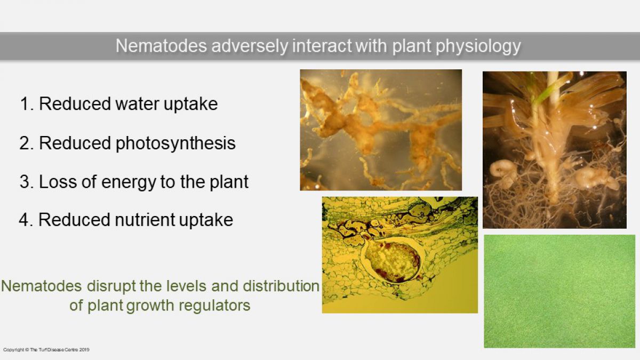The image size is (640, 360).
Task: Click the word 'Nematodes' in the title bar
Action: coord(161,46)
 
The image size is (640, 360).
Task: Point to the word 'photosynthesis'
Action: coord(175,143)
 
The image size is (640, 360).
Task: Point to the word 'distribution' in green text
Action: coord(281,286)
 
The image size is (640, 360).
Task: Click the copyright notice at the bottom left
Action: coord(46,350)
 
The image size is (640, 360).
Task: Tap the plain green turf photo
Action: coord(559,291)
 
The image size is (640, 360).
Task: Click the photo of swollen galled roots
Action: coord(381,130)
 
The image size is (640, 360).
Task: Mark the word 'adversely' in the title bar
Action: coord(250,46)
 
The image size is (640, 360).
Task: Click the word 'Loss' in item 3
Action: coord(58,182)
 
